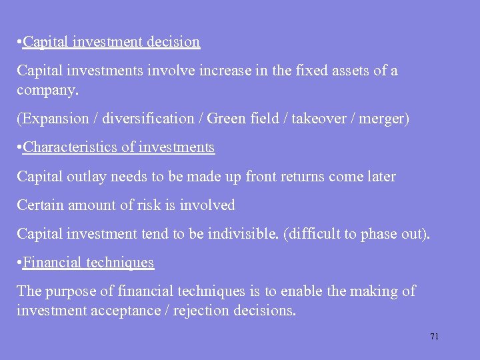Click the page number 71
point(434,337)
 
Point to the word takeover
point(304,119)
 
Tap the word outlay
point(85,177)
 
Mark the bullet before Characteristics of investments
point(19,147)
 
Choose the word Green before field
point(227,119)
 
